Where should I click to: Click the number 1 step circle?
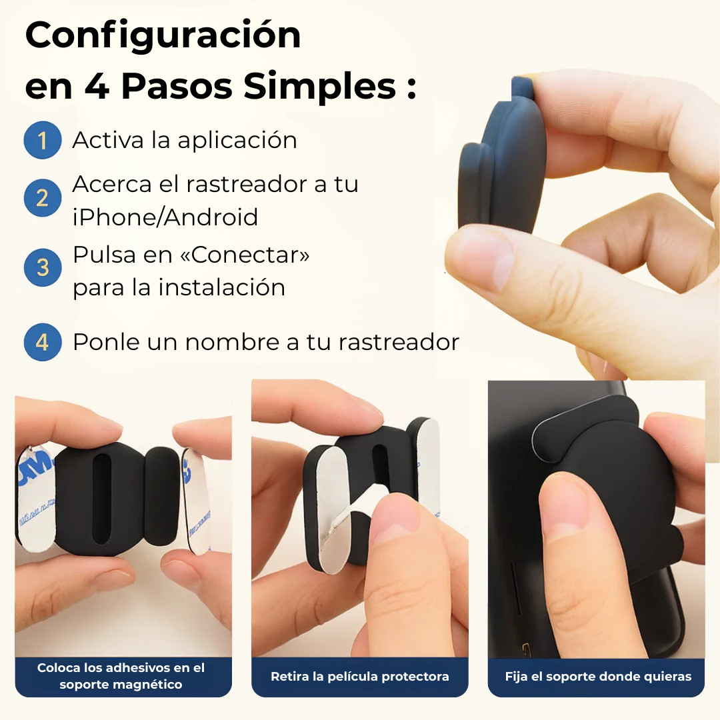tap(43, 140)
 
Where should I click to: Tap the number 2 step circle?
tap(43, 198)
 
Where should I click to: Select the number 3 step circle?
tap(43, 267)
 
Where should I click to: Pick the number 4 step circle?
tap(43, 342)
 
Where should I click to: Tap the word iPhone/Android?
tap(165, 217)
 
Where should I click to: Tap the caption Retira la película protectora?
tap(360, 677)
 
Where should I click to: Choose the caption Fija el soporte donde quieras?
tap(598, 677)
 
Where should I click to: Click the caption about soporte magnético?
tap(121, 677)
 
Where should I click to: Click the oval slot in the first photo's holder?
tap(102, 501)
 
